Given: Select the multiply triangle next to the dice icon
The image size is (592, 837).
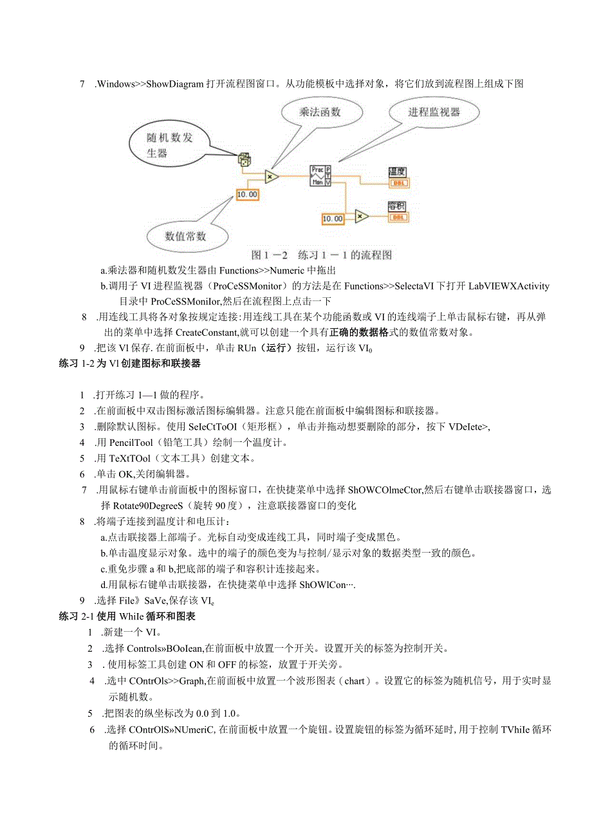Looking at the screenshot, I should point(272,176).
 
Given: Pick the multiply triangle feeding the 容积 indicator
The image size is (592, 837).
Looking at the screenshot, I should point(362,216).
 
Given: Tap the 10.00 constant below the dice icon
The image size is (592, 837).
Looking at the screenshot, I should point(247,194).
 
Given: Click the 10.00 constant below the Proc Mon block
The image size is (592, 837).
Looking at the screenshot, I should point(333,219).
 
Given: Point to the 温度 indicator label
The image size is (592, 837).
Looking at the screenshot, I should point(397,172).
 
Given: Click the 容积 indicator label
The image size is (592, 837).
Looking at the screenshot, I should point(397,207).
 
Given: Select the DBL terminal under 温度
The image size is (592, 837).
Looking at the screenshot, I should point(398,183).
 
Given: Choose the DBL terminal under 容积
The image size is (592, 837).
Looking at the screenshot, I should point(398,217).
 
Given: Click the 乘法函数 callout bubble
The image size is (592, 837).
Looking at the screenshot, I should point(320,113).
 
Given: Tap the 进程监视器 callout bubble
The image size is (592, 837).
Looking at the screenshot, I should point(434,113).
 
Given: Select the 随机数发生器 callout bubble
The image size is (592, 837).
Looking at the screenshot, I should point(166,145).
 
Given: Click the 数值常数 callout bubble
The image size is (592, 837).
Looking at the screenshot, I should point(186,236).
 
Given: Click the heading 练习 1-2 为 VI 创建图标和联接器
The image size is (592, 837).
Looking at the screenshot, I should point(129,363).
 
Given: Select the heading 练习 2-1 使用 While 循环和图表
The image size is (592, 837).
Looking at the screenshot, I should point(127,616).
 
